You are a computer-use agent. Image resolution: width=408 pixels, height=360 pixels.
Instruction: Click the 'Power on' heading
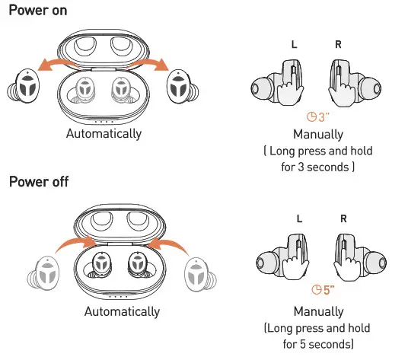pos(37,11)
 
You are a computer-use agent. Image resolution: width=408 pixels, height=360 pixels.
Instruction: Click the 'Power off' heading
pos(38,183)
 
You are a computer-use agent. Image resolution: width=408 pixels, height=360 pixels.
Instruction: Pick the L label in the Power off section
pos(299,218)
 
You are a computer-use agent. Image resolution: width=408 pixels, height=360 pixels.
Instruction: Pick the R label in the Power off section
pos(343,218)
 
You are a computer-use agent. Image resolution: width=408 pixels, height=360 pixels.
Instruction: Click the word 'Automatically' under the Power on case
pos(104,133)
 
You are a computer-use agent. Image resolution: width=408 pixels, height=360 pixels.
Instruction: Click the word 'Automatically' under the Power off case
pos(122,311)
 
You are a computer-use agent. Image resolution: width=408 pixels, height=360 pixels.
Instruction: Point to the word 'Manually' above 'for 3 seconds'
pos(317,135)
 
